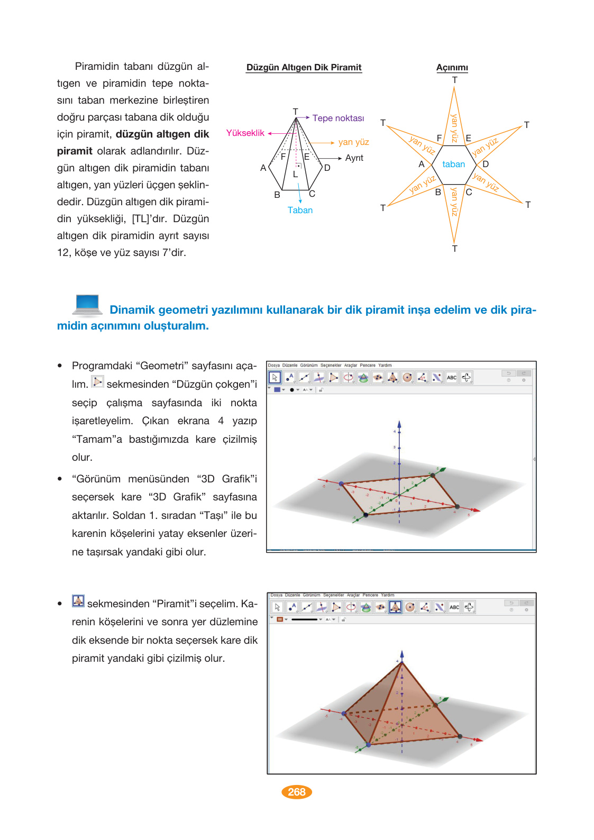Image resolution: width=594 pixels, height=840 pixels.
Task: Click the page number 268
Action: [297, 792]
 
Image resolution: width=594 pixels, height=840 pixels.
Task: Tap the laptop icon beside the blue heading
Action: [87, 305]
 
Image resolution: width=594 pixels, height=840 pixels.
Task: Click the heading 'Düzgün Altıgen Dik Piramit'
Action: [304, 67]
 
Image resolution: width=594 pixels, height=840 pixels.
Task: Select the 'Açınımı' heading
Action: [452, 67]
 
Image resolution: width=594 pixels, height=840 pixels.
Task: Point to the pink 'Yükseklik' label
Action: [245, 133]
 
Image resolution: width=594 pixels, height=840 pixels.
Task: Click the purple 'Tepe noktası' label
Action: [338, 118]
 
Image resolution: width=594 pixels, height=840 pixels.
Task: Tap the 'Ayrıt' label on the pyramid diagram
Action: [354, 158]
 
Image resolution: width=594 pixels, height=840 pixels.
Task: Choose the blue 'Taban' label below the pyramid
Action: [300, 210]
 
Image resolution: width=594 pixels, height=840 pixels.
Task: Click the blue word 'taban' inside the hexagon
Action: [453, 164]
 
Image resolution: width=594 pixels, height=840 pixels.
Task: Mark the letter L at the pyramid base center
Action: [295, 174]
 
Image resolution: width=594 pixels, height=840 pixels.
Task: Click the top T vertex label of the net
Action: [454, 80]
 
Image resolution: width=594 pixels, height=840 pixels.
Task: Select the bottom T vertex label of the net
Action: [454, 249]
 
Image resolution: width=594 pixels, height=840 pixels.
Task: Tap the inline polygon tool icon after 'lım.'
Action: [97, 382]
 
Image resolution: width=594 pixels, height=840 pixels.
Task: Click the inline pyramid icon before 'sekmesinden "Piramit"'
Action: [78, 601]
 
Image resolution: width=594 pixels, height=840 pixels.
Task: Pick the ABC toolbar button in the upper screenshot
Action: [452, 378]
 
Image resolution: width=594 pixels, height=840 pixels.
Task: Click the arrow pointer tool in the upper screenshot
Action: [275, 378]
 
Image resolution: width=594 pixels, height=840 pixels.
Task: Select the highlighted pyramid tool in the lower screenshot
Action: [395, 607]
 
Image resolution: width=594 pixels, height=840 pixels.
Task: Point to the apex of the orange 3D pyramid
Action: [401, 661]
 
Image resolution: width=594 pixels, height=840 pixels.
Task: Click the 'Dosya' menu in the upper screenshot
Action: [273, 366]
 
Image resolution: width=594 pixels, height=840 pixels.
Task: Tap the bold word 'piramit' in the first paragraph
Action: [75, 151]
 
